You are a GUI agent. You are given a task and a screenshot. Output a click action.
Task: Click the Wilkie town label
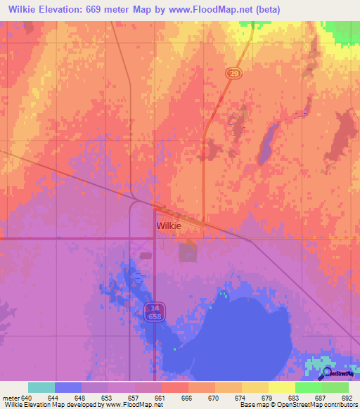click(169, 226)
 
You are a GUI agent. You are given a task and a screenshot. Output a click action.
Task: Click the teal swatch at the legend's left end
click(41, 387)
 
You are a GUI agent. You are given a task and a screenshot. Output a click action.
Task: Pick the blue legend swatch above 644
click(68, 387)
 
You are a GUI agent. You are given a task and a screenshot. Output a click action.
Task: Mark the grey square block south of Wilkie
click(188, 252)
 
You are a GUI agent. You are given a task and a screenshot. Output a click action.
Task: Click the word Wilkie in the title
click(26, 9)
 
